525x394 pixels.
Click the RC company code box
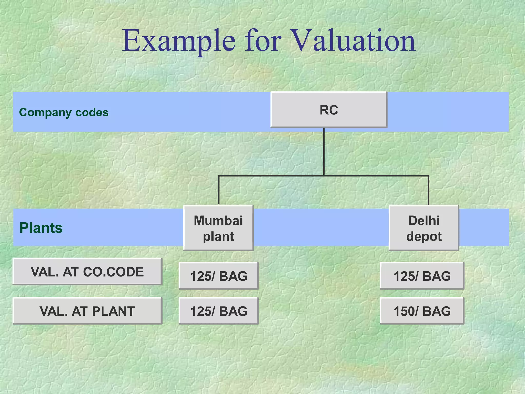[329, 110]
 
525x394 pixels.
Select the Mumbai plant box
[218, 228]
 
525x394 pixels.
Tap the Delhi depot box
[424, 228]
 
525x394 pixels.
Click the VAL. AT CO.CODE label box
[87, 272]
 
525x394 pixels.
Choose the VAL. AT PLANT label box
[87, 311]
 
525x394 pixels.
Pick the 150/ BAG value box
[422, 311]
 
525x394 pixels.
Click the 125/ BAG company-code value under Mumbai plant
[218, 276]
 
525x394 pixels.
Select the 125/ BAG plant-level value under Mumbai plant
[218, 311]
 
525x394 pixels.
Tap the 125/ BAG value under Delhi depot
[422, 276]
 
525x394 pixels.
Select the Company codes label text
[64, 112]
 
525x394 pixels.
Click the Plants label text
[41, 228]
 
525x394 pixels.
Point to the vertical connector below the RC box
[324, 151]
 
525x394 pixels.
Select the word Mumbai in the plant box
[218, 220]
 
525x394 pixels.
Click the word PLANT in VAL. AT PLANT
[113, 311]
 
